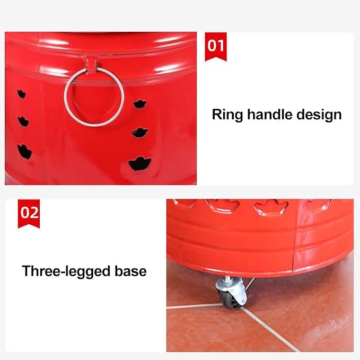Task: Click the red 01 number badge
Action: tap(216, 47)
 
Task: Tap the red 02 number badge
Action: tap(29, 214)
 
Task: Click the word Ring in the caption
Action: tap(227, 115)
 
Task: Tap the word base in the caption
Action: tap(130, 271)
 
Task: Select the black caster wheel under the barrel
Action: tap(230, 298)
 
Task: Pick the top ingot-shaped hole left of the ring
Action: tap(21, 94)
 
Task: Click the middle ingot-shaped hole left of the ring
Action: tap(23, 121)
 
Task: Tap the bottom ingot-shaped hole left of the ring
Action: tap(24, 152)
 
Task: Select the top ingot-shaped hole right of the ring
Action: tap(140, 104)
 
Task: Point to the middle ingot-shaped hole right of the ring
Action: tap(140, 133)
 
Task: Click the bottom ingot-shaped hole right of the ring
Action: tap(139, 163)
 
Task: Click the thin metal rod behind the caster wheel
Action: tap(250, 284)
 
